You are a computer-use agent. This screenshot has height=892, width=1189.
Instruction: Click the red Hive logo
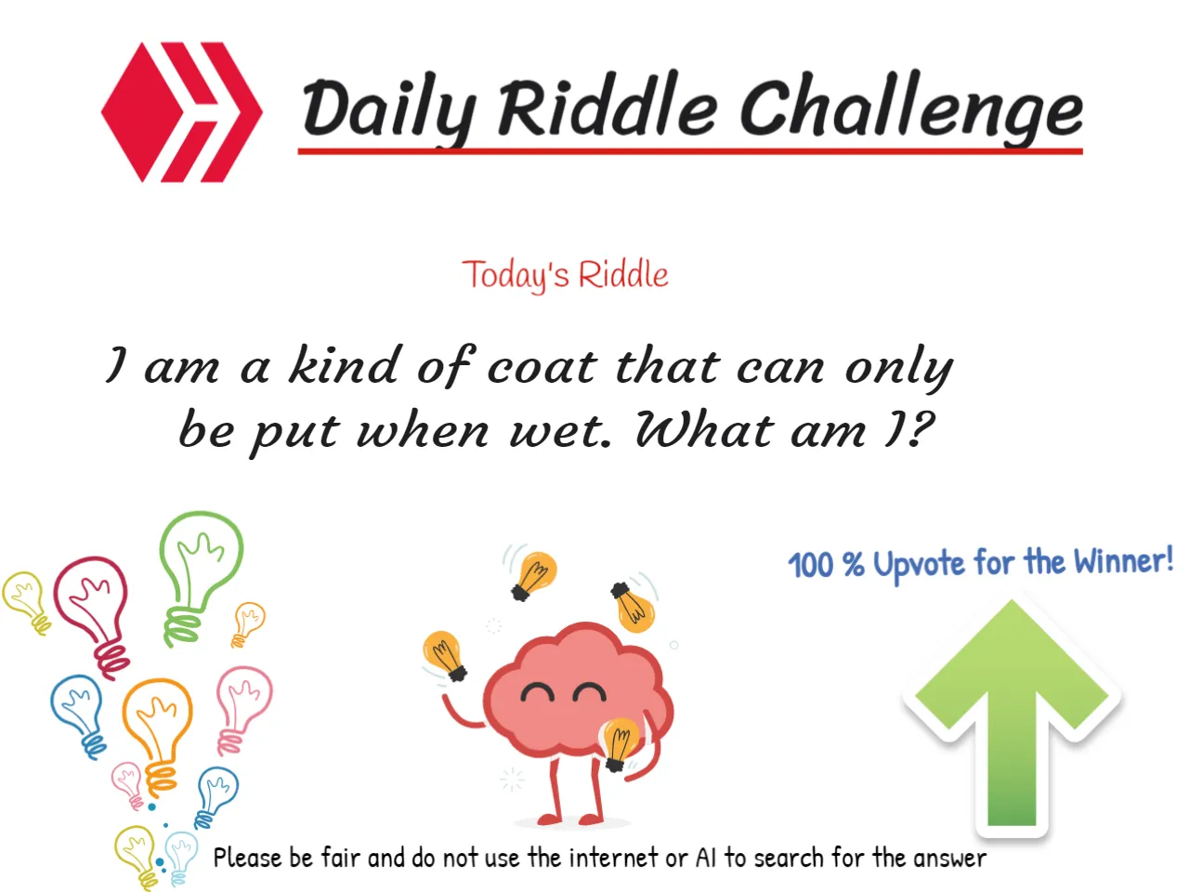coord(181,111)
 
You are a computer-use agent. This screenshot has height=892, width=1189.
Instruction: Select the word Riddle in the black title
coord(608,106)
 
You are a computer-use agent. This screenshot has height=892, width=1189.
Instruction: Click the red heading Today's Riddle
coord(565,275)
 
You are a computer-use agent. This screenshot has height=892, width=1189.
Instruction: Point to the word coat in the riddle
coord(541,366)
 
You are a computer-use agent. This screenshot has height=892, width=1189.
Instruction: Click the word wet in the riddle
coord(560,431)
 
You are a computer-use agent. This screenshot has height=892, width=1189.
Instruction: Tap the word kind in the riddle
coord(344,364)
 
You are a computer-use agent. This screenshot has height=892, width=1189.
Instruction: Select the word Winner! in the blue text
coord(1124,561)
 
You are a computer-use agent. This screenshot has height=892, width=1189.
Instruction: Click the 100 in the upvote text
coord(811,565)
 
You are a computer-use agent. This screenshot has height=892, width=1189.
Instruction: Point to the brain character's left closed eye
coord(537,692)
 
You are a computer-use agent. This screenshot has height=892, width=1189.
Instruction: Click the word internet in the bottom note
coord(613,858)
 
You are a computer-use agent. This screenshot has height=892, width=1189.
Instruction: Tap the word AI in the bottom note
coord(706,858)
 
